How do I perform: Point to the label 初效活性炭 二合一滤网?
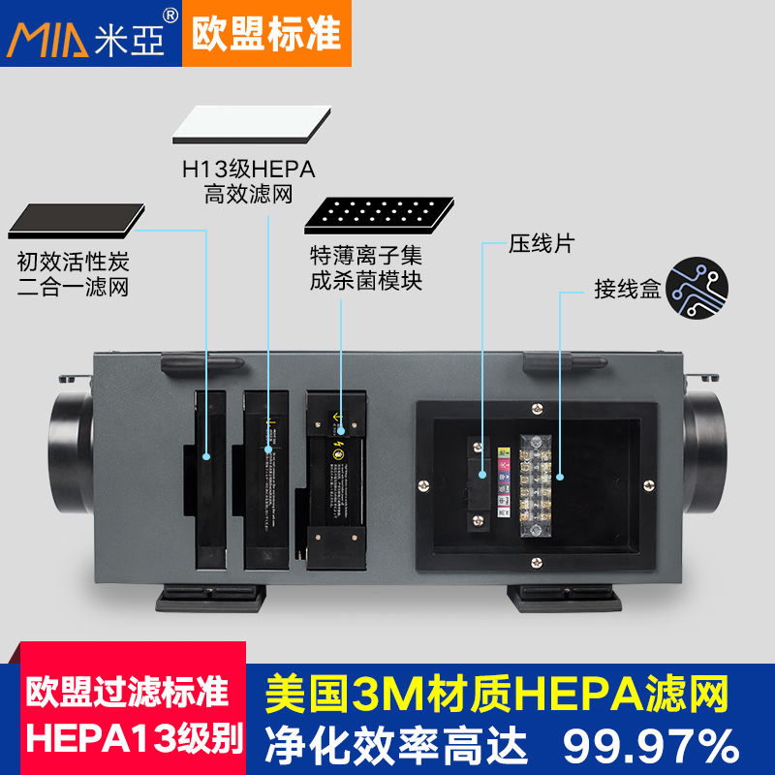point(73,274)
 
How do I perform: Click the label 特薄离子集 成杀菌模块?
point(366,268)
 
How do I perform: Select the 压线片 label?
point(542,243)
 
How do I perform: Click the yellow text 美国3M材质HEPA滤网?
point(495,694)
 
